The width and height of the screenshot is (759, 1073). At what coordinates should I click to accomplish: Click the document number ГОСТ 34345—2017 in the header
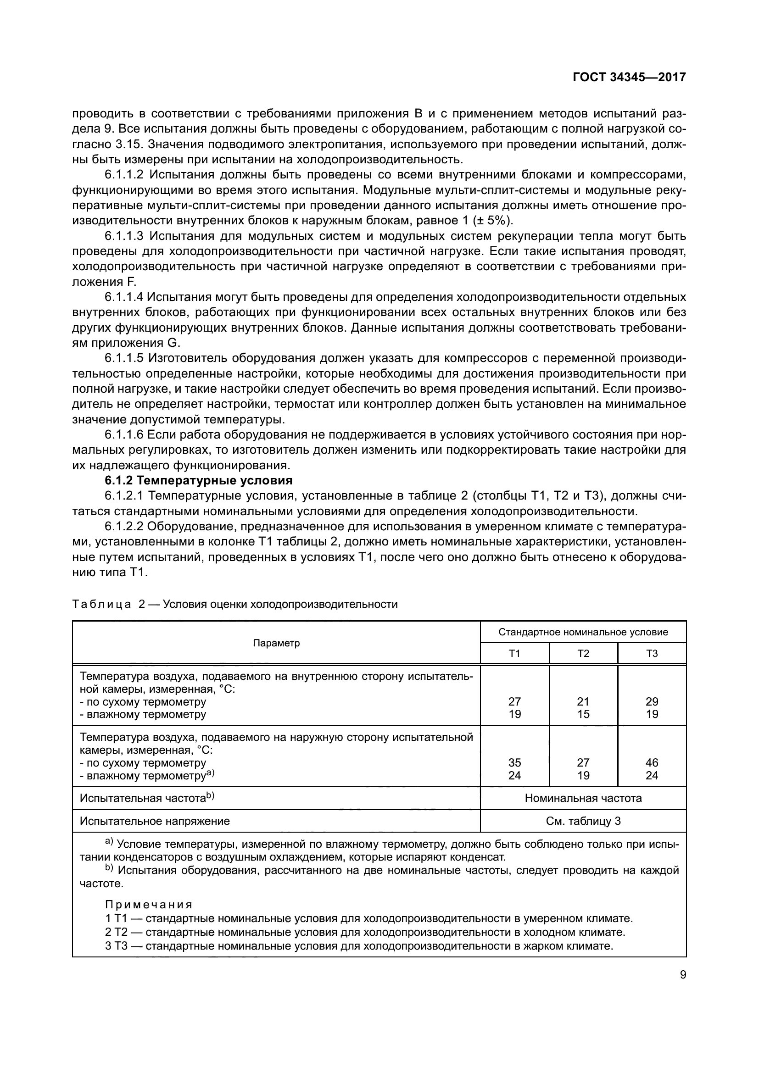point(629,78)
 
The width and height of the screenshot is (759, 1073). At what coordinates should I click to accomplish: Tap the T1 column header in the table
point(514,653)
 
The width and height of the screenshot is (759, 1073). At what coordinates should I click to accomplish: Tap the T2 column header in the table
point(583,653)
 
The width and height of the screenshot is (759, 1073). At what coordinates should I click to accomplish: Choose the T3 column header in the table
point(652,653)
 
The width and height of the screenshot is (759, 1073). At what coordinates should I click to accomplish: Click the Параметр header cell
point(276,643)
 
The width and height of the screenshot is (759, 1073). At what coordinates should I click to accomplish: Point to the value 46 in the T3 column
point(652,763)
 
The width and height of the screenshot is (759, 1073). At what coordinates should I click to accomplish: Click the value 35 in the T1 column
point(514,763)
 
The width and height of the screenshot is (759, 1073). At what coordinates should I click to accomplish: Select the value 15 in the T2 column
point(583,714)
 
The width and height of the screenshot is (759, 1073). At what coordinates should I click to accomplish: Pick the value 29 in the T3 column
point(652,701)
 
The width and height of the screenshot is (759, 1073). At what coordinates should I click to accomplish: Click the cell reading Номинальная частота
point(583,798)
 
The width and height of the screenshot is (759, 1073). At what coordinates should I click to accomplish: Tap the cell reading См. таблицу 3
point(583,821)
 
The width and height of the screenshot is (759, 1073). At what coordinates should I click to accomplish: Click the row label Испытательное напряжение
point(155,821)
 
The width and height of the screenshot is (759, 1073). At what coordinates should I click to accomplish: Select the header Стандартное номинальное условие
point(583,632)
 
